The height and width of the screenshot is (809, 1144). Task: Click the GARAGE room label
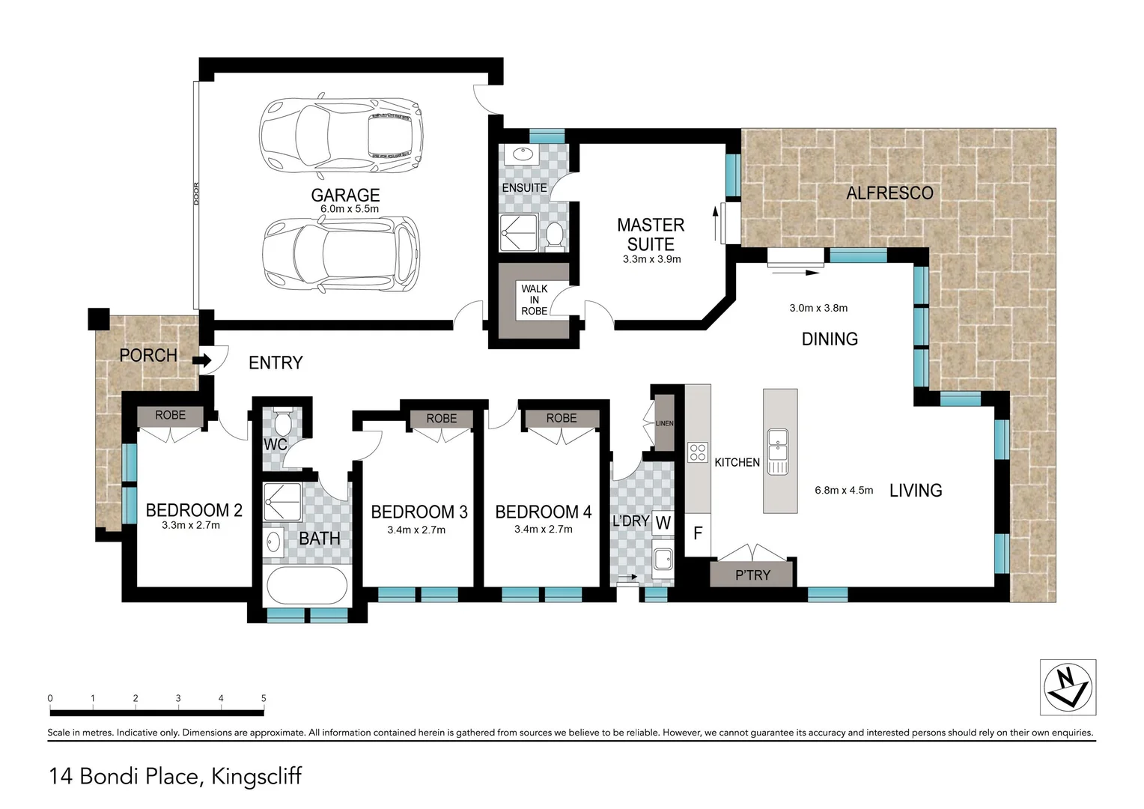345,196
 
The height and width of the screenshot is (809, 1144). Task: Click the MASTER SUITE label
651,234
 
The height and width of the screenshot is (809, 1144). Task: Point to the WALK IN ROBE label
534,300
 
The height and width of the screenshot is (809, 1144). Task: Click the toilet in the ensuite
555,235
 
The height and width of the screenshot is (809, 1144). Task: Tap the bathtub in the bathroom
305,585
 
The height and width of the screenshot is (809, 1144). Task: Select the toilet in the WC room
282,425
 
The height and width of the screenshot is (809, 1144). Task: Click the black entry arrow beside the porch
201,360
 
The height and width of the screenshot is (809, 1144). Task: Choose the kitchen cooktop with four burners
698,452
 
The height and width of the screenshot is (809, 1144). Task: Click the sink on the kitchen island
779,454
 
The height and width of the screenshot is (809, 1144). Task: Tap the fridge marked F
698,534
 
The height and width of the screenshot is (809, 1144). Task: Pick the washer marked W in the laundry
663,522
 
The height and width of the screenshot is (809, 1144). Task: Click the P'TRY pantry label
752,575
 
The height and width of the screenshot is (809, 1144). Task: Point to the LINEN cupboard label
664,424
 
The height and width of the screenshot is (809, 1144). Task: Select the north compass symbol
1068,687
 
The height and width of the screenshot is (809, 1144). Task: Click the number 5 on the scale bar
264,698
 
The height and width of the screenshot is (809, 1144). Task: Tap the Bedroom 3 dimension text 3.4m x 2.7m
416,530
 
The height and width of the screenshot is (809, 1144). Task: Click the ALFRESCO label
889,193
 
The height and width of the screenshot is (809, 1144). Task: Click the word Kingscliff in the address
257,776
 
